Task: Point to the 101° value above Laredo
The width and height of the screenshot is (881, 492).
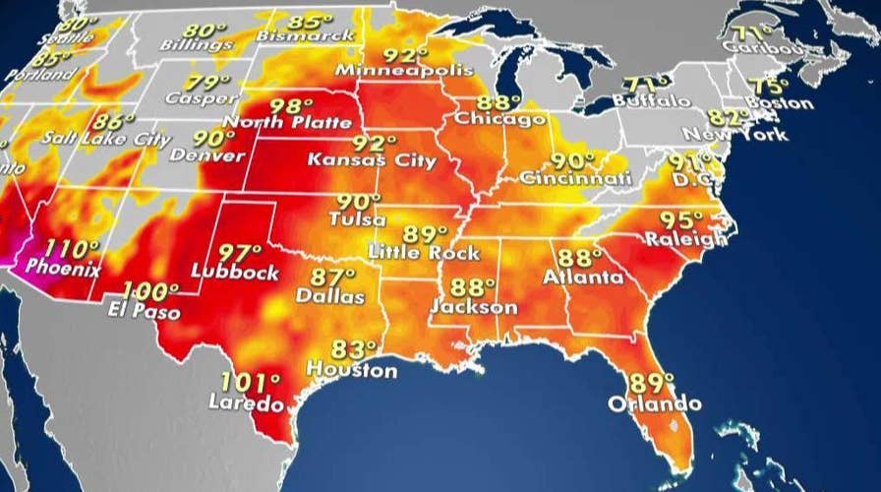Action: (x=251, y=382)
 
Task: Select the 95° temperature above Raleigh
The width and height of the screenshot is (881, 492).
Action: (x=681, y=219)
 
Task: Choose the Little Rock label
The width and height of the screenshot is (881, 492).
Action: (x=424, y=253)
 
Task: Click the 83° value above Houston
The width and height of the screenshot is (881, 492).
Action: (x=353, y=350)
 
